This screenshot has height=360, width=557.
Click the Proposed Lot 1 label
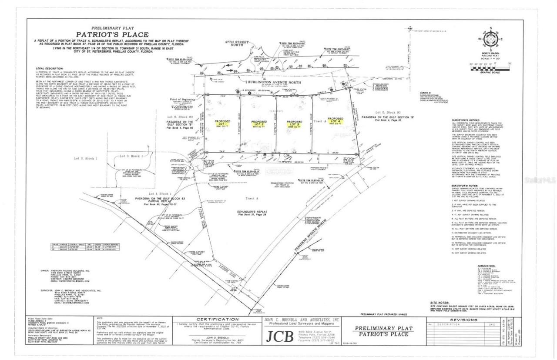point(222,123)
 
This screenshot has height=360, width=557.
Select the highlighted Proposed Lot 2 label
point(258,123)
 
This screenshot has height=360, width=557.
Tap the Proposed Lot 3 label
point(295,123)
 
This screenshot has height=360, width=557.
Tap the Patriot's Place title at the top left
point(112,34)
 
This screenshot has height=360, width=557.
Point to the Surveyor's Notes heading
point(466,185)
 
